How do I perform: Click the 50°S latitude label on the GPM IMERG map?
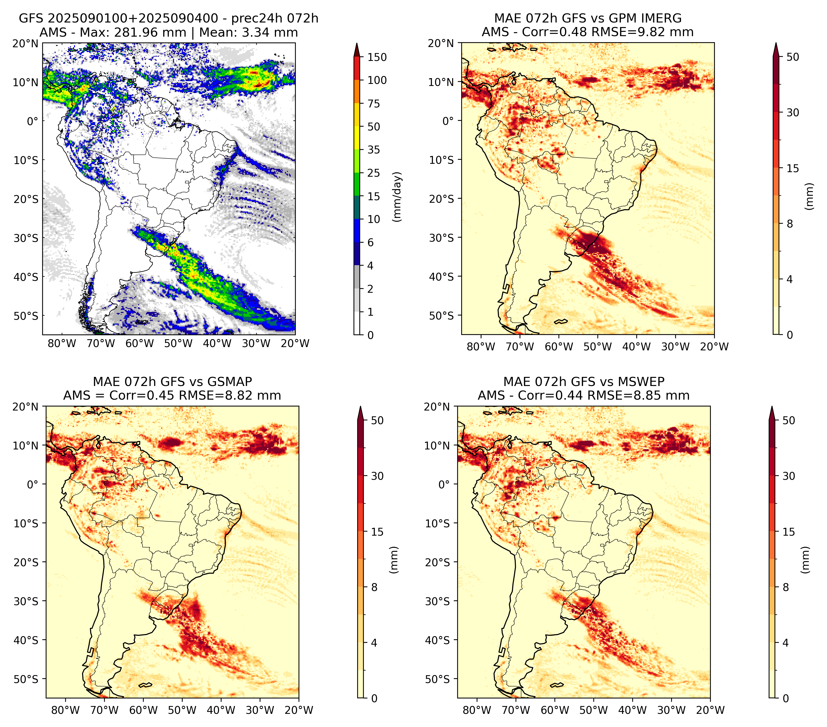pos(442,315)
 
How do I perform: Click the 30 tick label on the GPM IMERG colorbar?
pos(793,112)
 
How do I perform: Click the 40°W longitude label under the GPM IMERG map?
pos(637,347)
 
